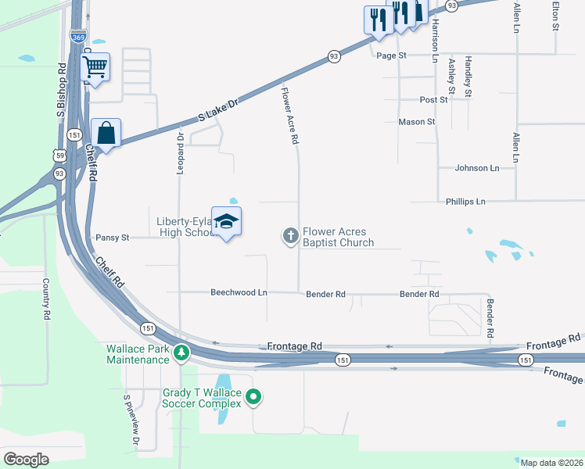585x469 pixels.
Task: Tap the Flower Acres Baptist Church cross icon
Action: click(x=290, y=235)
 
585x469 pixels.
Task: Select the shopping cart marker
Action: click(x=95, y=67)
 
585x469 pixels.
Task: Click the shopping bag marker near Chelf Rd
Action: click(x=106, y=133)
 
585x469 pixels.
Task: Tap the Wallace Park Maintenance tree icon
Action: click(x=181, y=353)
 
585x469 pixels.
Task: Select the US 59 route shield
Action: click(x=59, y=156)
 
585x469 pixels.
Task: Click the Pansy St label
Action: click(x=112, y=237)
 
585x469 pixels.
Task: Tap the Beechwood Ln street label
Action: click(x=239, y=292)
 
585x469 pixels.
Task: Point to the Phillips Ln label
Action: click(x=465, y=202)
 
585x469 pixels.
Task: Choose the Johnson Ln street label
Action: click(x=477, y=168)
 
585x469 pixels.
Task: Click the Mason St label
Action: click(x=416, y=122)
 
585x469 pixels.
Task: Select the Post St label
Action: click(x=433, y=100)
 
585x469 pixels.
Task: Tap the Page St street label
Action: click(x=392, y=55)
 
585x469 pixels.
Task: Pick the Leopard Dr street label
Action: click(x=180, y=152)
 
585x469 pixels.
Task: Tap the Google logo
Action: click(x=27, y=459)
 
